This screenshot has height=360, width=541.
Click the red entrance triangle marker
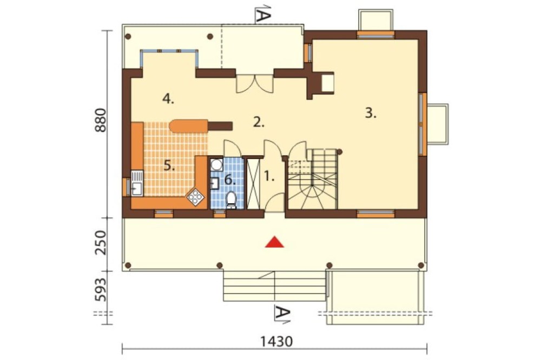274,242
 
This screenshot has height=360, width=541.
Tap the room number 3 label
371,113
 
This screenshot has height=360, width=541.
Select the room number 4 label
168,99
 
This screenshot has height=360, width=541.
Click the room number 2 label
259,122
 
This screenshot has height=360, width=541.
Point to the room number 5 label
169,166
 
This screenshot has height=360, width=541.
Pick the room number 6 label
230,179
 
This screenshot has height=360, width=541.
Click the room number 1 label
269,176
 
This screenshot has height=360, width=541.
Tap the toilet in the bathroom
231,201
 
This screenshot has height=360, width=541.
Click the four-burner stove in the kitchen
195,198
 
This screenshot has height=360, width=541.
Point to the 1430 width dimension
276,342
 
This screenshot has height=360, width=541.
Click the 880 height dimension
101,121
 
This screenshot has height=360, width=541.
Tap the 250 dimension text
101,243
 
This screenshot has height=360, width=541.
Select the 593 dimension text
101,290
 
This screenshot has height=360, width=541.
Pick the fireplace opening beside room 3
327,83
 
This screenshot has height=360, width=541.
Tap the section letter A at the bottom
282,314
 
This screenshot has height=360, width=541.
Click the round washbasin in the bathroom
217,164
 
